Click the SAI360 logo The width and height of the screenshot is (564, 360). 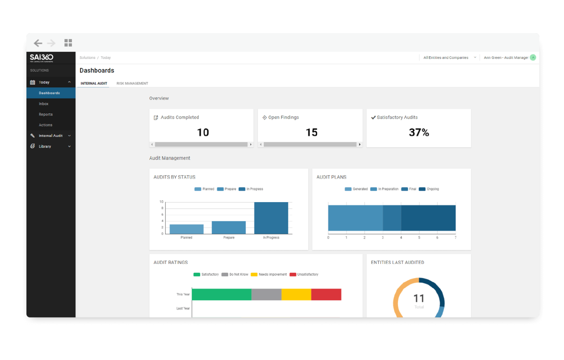click(x=41, y=58)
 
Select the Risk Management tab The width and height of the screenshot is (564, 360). click(x=132, y=83)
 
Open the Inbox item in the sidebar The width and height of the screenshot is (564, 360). click(x=44, y=104)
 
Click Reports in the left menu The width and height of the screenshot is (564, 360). click(x=46, y=114)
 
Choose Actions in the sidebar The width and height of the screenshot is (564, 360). click(x=46, y=125)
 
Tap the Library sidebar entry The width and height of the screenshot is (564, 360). click(x=45, y=146)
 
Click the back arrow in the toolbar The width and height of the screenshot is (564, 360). click(x=38, y=43)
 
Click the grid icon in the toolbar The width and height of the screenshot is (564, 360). click(x=68, y=43)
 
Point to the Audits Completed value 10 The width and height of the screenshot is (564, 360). click(x=203, y=132)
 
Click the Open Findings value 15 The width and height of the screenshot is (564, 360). click(x=311, y=132)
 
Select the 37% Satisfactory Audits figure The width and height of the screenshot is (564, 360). click(x=419, y=132)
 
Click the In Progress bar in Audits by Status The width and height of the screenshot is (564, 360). click(x=271, y=218)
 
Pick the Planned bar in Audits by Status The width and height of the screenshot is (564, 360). click(x=187, y=229)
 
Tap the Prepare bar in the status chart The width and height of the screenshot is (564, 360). click(x=229, y=228)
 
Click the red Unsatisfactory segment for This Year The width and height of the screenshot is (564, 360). click(x=326, y=294)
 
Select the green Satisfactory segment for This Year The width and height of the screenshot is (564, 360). click(x=221, y=294)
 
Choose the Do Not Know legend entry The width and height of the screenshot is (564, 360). click(x=235, y=274)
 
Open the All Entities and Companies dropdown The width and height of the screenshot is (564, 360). click(x=449, y=58)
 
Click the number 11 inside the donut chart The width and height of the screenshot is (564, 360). click(x=419, y=298)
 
